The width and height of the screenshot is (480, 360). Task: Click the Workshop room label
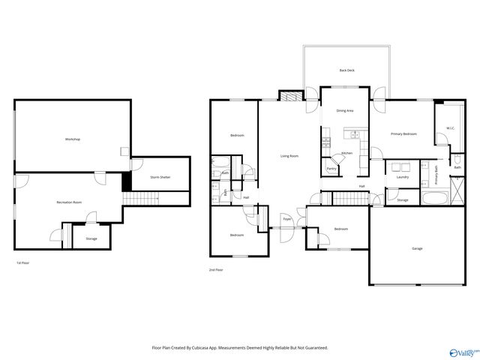(x=72, y=139)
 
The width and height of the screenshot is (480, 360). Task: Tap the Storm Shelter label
(x=160, y=177)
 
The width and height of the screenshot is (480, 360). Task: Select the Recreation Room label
(x=69, y=202)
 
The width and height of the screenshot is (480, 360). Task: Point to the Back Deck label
(x=346, y=70)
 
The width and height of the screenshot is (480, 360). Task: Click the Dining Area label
(x=345, y=110)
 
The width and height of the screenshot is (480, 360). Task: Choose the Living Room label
(x=289, y=156)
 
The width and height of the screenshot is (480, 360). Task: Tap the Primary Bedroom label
(x=403, y=133)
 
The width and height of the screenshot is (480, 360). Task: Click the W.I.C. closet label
(x=450, y=128)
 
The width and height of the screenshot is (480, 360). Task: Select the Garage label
(x=417, y=248)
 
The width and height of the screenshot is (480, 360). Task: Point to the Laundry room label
(x=403, y=177)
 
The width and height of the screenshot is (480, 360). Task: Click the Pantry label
(x=331, y=169)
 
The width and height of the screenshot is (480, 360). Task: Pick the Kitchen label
(x=346, y=153)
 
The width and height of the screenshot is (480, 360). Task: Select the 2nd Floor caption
(x=216, y=269)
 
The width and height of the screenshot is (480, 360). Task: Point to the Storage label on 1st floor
(x=91, y=238)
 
